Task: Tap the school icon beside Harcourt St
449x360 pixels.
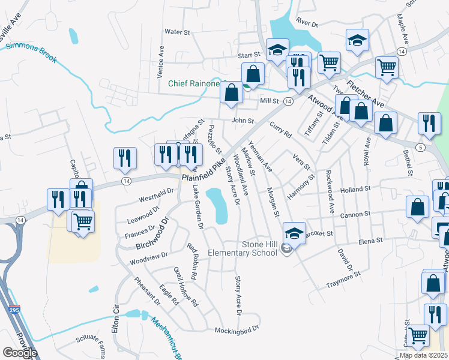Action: [294, 232]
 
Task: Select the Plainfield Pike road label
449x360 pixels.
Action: [203, 170]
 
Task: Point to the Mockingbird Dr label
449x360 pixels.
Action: [238, 329]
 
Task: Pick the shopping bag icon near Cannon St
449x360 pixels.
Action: [417, 206]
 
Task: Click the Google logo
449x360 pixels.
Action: [19, 352]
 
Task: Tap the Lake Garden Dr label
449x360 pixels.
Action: [198, 207]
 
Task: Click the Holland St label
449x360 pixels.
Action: [356, 189]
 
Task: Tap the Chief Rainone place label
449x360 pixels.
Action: [193, 84]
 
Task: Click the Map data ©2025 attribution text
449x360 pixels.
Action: [423, 355]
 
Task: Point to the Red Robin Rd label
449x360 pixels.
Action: [191, 262]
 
